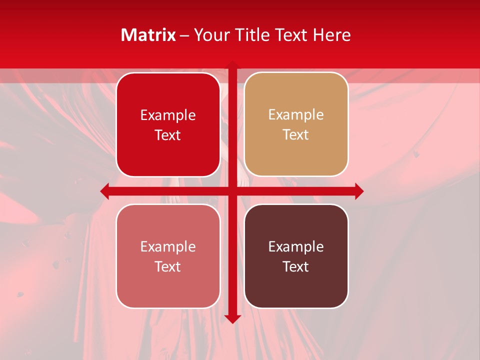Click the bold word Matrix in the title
tap(148, 35)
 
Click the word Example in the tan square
tap(296, 114)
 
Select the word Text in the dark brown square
tap(296, 266)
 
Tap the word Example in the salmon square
tap(168, 246)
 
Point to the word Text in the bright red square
tap(168, 135)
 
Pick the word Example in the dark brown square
tap(296, 246)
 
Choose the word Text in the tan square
tap(296, 134)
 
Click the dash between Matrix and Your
tap(184, 35)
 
